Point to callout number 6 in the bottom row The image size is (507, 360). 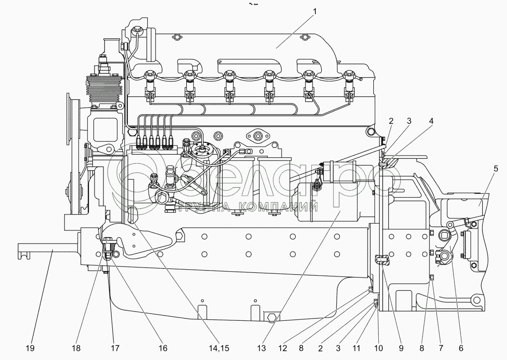pyautogui.click(x=460, y=348)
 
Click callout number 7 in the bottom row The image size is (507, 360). pyautogui.click(x=441, y=348)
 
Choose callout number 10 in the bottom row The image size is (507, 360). pyautogui.click(x=378, y=348)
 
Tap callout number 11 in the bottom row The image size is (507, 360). pyautogui.click(x=356, y=348)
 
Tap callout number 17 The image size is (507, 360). pyautogui.click(x=115, y=348)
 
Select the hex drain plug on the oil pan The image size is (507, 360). pyautogui.click(x=271, y=318)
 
